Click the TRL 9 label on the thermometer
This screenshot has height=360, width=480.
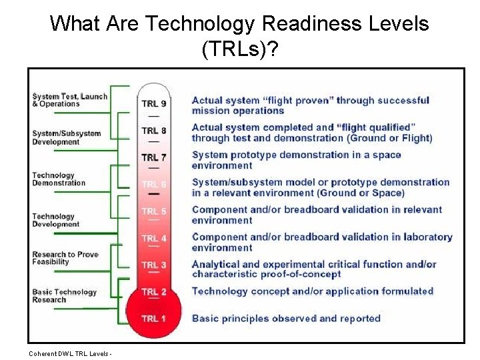click(154, 103)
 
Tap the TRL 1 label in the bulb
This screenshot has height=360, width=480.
click(154, 319)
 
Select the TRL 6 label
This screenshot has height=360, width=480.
click(154, 184)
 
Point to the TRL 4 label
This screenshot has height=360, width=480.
click(154, 238)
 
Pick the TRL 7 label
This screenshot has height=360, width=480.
click(154, 157)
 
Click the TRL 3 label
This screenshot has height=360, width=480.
click(154, 265)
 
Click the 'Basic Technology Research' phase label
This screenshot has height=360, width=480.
click(64, 296)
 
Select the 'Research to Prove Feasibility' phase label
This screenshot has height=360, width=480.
click(65, 258)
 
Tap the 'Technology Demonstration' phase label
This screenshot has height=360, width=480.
click(59, 179)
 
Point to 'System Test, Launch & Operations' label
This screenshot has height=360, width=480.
click(69, 100)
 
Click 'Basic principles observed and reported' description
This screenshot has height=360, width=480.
click(285, 319)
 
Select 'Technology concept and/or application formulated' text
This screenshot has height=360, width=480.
click(312, 291)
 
